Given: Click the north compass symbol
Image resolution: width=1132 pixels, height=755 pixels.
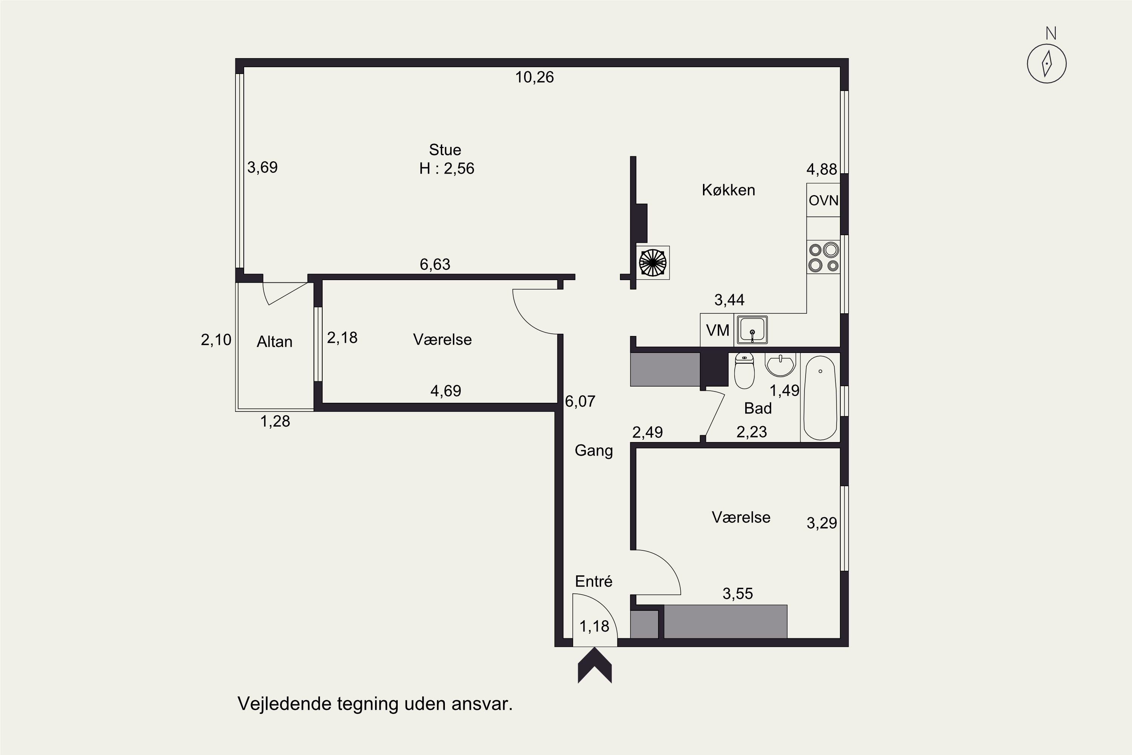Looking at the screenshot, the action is [1046, 63].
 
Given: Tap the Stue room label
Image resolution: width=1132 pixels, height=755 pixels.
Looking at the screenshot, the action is [445, 150].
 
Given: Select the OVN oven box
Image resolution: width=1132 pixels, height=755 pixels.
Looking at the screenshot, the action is [823, 200].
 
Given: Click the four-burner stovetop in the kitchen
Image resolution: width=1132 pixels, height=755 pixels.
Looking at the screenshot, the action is [823, 257].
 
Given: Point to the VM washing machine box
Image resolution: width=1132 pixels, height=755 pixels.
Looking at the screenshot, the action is [717, 330].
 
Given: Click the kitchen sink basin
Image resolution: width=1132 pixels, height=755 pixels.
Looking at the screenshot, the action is [752, 330].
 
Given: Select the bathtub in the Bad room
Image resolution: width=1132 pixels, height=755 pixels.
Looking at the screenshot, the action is [820, 398].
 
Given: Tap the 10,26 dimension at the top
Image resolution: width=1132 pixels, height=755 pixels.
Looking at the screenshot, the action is [534, 77].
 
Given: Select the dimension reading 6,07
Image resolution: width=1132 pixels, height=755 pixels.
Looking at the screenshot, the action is [580, 401].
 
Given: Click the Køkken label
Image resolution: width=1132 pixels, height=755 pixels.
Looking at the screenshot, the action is [728, 190].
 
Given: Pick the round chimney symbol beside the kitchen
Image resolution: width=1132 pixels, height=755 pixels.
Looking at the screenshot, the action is [653, 263].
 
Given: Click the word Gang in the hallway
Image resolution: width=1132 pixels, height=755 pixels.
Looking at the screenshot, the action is [594, 451].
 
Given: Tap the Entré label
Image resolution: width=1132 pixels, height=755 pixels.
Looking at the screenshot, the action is [594, 581].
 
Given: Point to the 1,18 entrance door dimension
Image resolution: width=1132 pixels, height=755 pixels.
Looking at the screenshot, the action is [594, 626].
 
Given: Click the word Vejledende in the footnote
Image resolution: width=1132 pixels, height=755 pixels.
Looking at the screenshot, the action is [285, 704].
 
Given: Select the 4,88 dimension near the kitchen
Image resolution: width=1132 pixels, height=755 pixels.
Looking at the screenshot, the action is [821, 169].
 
